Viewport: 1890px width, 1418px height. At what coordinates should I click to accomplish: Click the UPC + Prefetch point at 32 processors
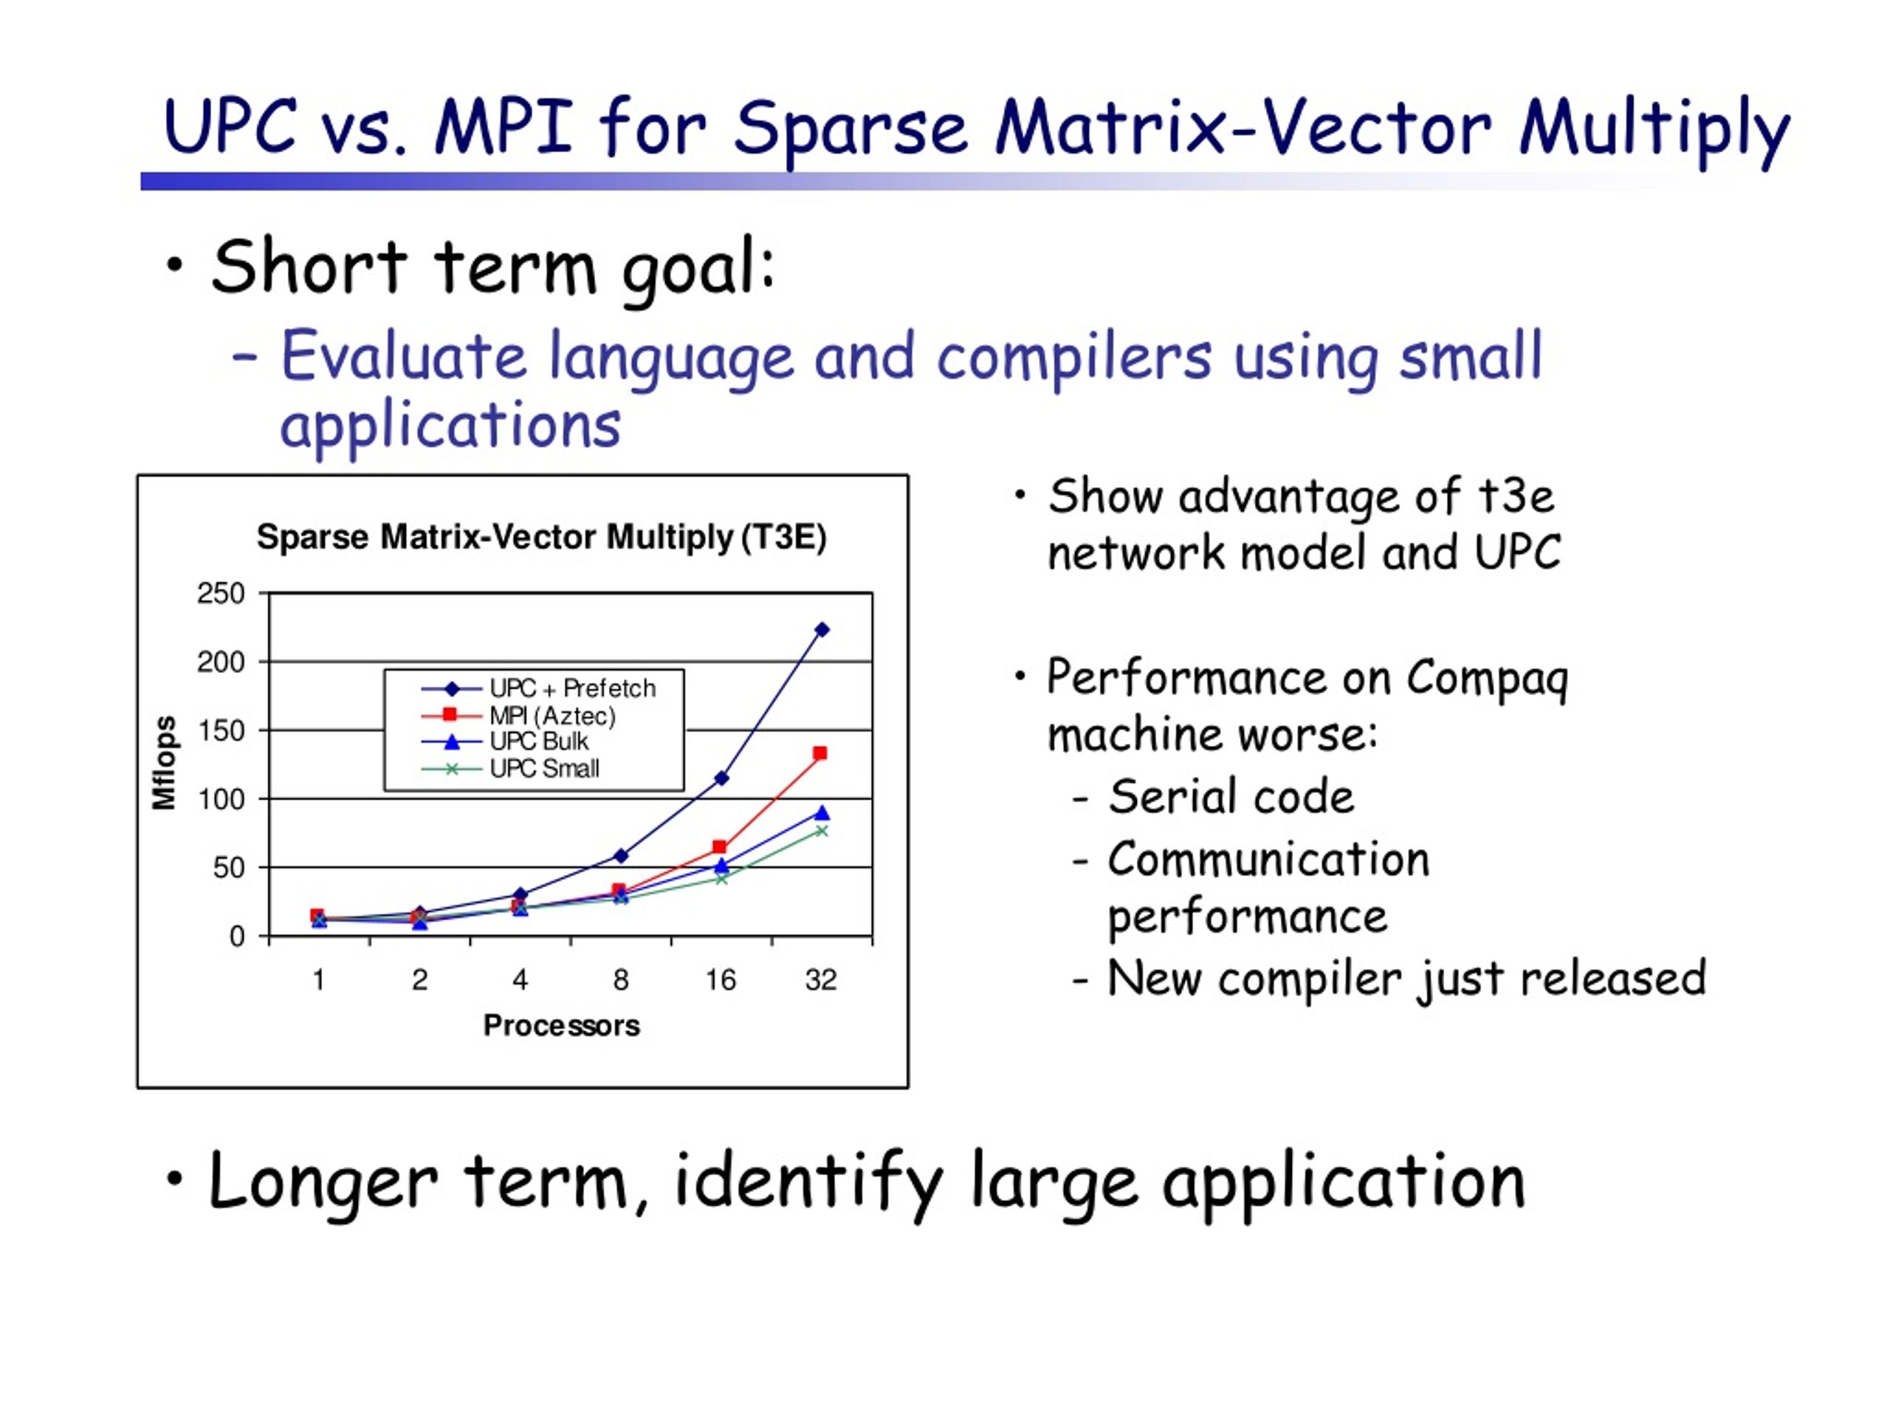822,630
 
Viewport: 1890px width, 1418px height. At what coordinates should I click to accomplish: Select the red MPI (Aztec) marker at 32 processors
820,753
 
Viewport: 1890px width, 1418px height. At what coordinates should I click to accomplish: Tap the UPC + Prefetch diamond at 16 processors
721,778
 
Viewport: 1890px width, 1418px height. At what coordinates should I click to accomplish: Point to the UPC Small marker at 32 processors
822,831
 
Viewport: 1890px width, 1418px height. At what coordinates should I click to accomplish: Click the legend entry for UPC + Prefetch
539,689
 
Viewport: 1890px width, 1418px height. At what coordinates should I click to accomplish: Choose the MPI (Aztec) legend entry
518,716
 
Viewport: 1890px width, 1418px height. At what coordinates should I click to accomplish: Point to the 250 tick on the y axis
221,593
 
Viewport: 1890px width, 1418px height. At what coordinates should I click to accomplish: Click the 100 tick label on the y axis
221,799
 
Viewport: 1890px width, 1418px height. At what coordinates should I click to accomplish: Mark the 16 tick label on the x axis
721,979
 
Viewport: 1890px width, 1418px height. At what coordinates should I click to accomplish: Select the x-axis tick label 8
621,979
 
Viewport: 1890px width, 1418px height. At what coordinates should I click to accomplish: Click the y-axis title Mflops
164,762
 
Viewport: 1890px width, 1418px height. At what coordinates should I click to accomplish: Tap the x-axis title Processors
561,1026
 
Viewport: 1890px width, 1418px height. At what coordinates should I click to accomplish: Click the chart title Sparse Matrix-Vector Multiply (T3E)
542,537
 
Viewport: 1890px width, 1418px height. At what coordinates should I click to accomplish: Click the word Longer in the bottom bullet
323,1183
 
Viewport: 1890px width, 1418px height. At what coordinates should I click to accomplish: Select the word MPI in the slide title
504,126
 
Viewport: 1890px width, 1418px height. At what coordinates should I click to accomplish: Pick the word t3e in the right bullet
1516,496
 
